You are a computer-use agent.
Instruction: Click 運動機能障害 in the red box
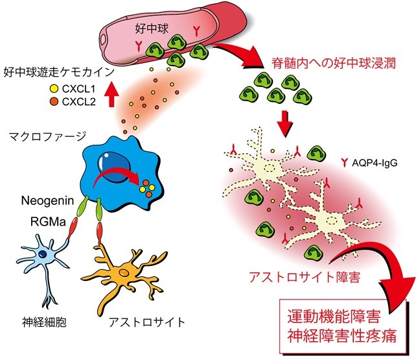coord(332,318)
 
